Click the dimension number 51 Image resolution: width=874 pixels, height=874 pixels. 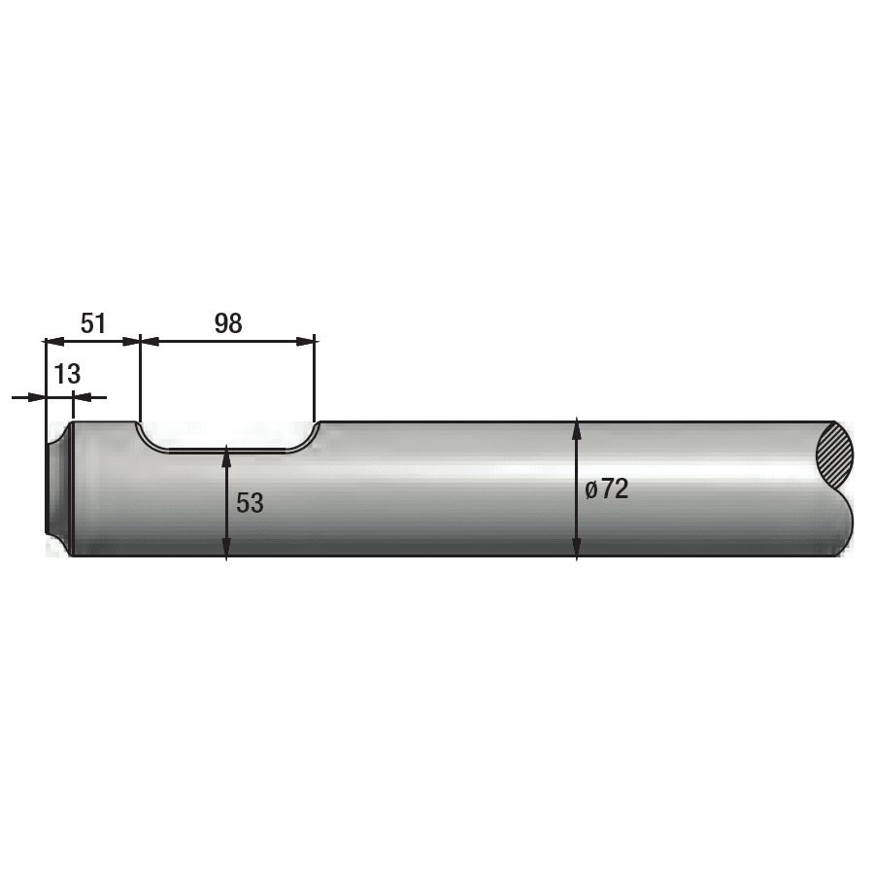click(x=92, y=323)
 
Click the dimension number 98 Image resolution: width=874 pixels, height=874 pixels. click(x=227, y=323)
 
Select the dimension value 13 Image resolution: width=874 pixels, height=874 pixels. click(x=67, y=374)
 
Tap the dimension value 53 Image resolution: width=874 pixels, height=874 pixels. click(x=250, y=503)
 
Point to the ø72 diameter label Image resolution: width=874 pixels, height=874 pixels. click(x=607, y=489)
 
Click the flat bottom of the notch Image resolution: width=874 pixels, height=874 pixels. click(x=227, y=451)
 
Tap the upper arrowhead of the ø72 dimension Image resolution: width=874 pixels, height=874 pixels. click(x=577, y=428)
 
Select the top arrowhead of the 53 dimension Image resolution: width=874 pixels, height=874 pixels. click(x=226, y=454)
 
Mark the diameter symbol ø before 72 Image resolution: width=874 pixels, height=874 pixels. click(x=590, y=490)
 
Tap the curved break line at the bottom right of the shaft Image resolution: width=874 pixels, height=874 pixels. click(x=847, y=524)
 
